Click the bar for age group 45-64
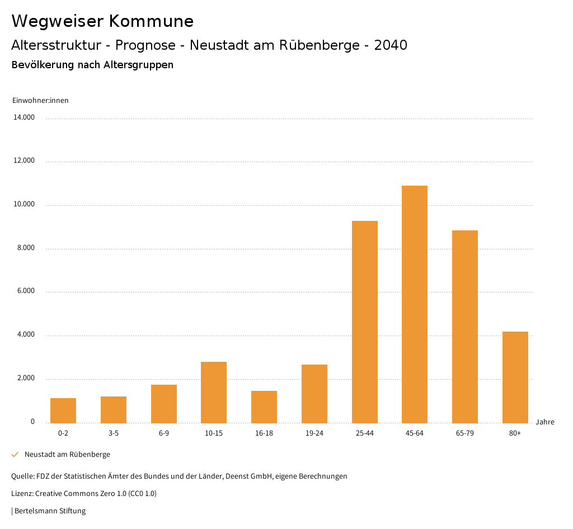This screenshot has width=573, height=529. pyautogui.click(x=415, y=304)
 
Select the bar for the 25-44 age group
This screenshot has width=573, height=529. pyautogui.click(x=364, y=322)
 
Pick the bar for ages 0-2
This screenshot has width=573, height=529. pyautogui.click(x=63, y=410)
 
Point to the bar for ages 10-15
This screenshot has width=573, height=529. pyautogui.click(x=214, y=392)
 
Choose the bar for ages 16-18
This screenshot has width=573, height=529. pyautogui.click(x=264, y=407)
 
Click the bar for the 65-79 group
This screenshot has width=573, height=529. pyautogui.click(x=465, y=327)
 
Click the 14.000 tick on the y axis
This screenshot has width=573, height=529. pyautogui.click(x=25, y=117)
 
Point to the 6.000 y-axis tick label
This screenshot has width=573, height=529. pyautogui.click(x=25, y=291)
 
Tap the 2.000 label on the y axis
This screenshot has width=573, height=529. pyautogui.click(x=25, y=378)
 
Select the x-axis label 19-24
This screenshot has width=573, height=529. pyautogui.click(x=314, y=433)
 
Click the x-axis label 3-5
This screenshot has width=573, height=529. pyautogui.click(x=114, y=433)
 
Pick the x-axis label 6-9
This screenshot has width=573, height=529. pyautogui.click(x=163, y=433)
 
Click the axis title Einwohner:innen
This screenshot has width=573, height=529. pyautogui.click(x=40, y=101)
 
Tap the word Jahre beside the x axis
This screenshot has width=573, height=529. pyautogui.click(x=544, y=422)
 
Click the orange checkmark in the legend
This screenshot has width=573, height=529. pyautogui.click(x=15, y=455)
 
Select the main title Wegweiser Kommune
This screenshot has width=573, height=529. pyautogui.click(x=102, y=21)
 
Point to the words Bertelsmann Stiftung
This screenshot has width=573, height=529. pyautogui.click(x=50, y=511)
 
